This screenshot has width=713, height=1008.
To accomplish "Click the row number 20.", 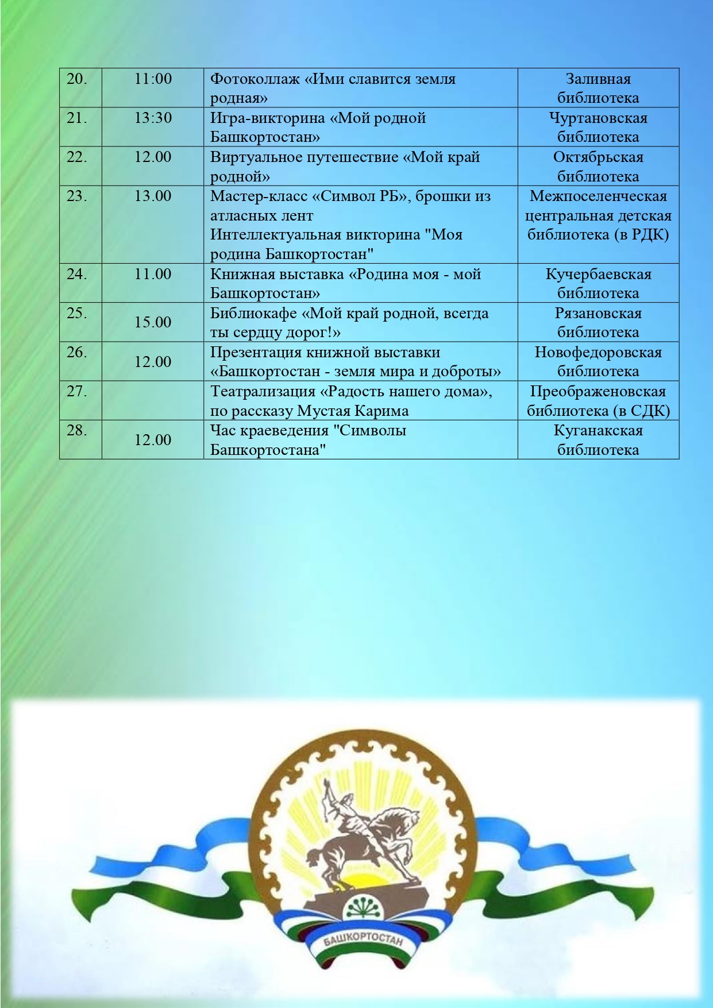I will (x=76, y=79).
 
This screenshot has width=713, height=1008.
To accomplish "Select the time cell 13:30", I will (x=153, y=118).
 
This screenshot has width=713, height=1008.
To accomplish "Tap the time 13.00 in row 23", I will (x=153, y=196).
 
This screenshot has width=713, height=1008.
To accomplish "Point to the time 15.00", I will (x=153, y=322).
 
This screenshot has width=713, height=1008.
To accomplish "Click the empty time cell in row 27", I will (x=153, y=400).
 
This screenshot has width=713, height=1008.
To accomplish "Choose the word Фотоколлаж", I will (x=255, y=79).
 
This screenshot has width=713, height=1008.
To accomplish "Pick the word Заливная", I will (x=598, y=79).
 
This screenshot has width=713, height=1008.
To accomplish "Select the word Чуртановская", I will (x=598, y=118).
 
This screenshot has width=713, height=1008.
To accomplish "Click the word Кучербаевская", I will (x=598, y=275).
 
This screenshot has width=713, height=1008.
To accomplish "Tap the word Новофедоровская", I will (x=598, y=353).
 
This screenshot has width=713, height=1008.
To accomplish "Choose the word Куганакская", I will (x=598, y=431).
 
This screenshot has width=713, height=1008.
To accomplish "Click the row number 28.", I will (x=76, y=431).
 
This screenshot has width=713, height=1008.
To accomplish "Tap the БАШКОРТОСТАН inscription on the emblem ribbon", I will (x=363, y=939).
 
